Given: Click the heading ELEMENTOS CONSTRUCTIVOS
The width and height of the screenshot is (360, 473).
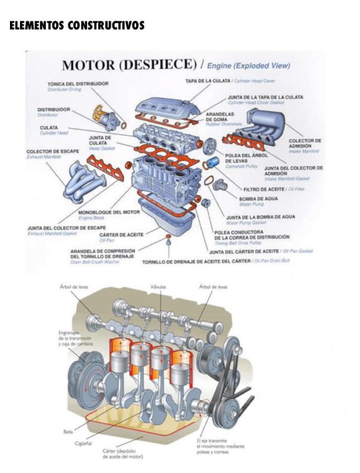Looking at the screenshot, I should click(x=77, y=26).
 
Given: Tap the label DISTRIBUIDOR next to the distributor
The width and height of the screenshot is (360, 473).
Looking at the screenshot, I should click(x=53, y=110).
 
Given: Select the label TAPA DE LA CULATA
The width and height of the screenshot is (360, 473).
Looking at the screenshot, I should click(x=208, y=81).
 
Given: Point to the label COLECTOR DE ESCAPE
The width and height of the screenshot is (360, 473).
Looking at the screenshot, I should click(x=53, y=152).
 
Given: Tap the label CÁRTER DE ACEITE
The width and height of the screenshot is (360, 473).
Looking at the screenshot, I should click(x=121, y=235).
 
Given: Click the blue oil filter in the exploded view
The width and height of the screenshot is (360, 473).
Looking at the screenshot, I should click(x=213, y=163).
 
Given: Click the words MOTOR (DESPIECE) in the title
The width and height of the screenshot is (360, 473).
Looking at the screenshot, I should click(x=129, y=65).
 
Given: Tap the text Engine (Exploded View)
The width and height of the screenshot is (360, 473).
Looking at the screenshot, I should click(x=249, y=66).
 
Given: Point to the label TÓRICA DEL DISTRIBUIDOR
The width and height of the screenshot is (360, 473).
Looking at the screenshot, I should click(x=77, y=84).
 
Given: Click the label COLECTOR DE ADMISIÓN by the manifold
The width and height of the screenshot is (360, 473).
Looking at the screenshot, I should click(x=305, y=143).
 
